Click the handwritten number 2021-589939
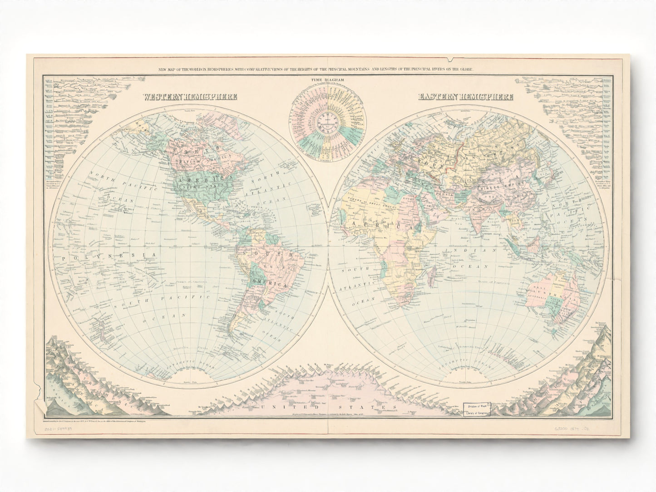pos(59,428)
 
